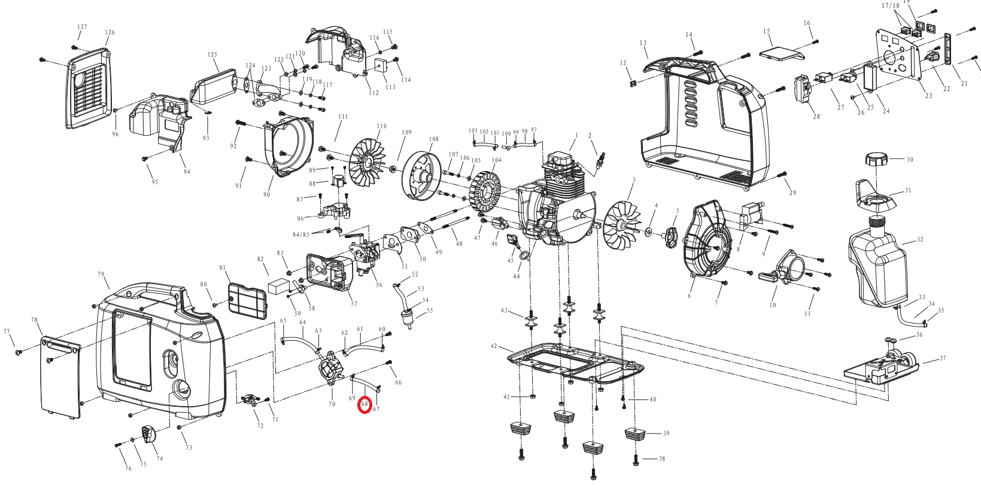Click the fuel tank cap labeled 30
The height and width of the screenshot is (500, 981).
coord(877,161)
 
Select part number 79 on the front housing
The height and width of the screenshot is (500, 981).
coord(101,275)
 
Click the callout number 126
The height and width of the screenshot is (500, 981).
coord(110,33)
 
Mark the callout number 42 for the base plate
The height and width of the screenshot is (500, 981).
coord(494,346)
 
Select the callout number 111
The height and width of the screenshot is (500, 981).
coord(342,117)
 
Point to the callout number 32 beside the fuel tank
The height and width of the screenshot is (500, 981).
coord(920,240)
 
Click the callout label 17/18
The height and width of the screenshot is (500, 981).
coord(891,6)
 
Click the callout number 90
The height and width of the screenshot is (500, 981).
coord(266,194)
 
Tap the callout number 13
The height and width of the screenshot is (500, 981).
coord(643,43)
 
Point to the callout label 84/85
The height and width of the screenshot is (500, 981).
coord(301,235)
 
